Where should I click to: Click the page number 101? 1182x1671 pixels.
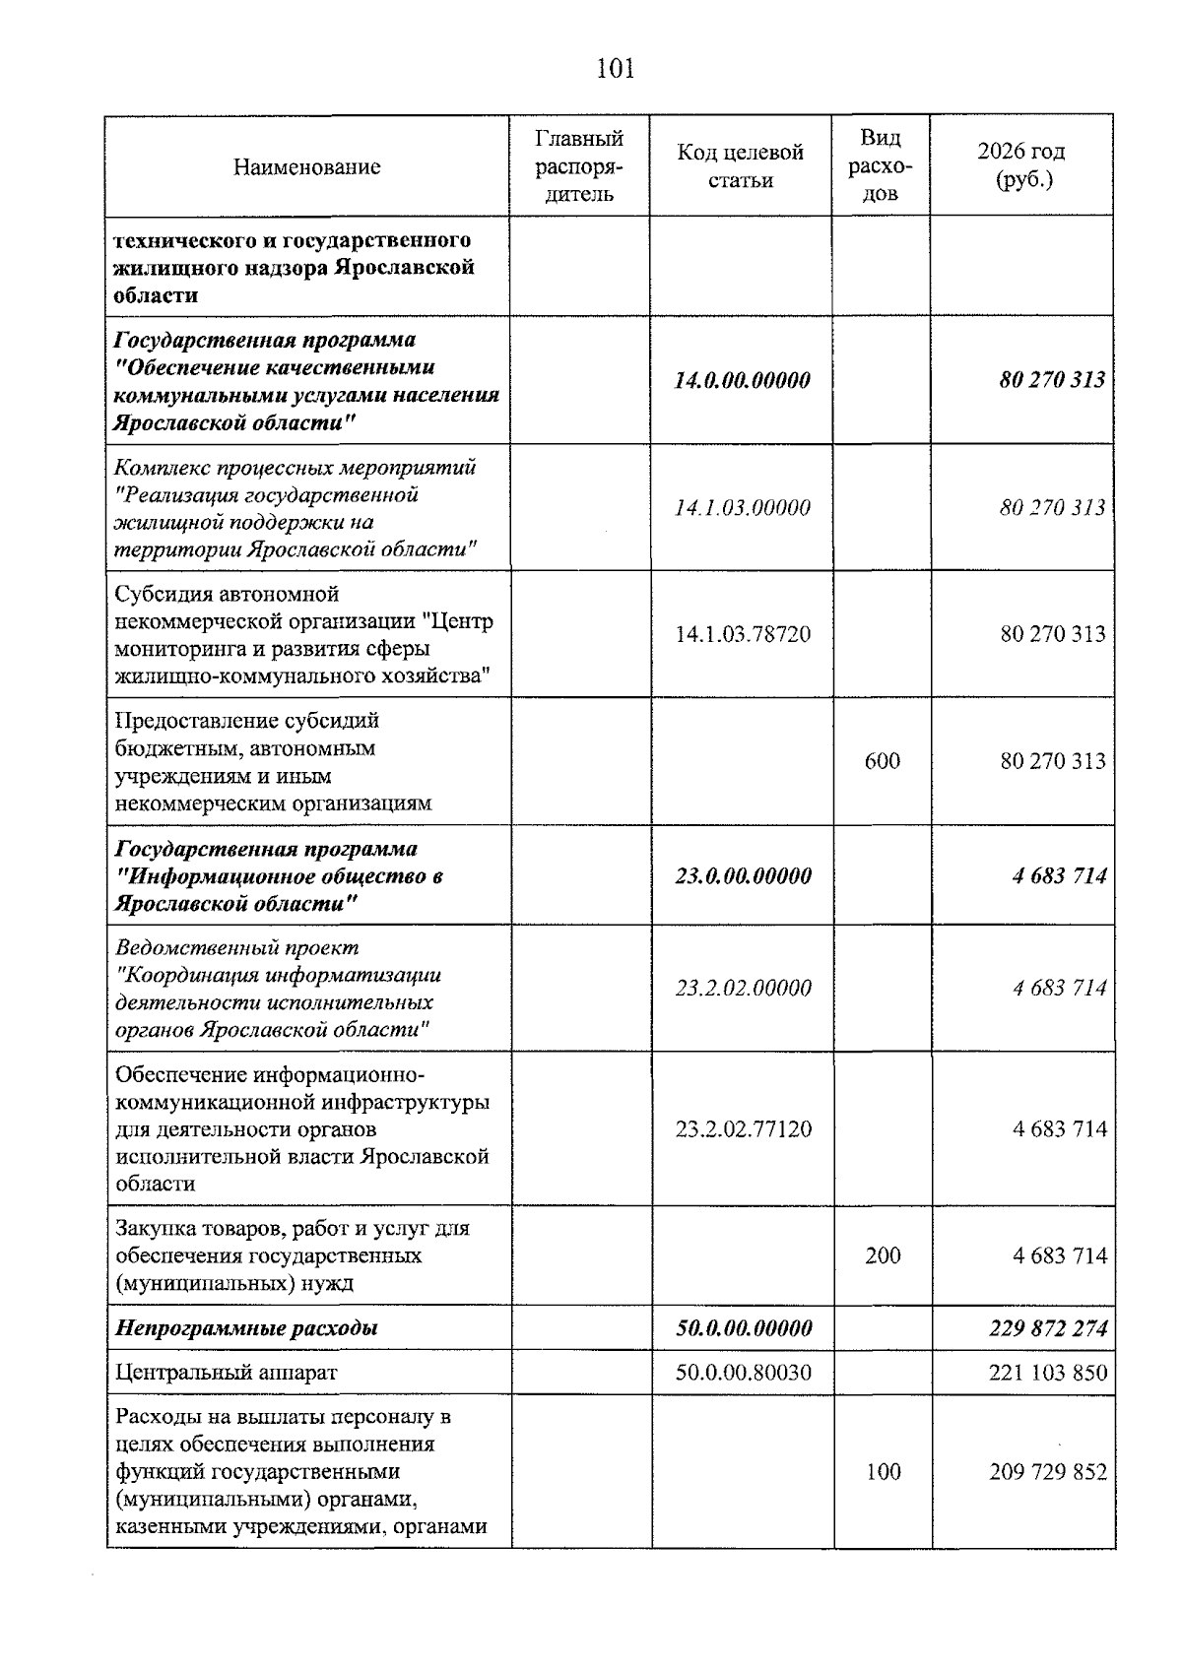click(615, 69)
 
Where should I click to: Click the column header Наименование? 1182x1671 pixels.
click(306, 166)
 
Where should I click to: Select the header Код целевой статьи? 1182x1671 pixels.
click(740, 166)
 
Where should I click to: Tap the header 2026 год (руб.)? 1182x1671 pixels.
click(1021, 165)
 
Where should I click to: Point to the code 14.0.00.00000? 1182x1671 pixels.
click(742, 380)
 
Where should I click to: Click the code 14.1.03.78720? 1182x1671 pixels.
click(743, 634)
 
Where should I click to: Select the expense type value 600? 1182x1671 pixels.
click(882, 761)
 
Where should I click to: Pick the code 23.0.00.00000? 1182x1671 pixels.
click(743, 876)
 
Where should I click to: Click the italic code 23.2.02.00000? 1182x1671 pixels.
click(743, 988)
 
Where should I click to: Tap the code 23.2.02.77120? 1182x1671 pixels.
click(743, 1128)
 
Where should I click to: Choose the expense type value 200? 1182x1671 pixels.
click(883, 1255)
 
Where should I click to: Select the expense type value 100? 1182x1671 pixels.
click(883, 1472)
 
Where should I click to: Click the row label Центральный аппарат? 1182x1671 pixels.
click(226, 1372)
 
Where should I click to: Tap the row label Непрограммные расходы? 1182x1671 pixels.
click(246, 1328)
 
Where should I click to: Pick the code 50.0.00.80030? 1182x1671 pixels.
click(743, 1372)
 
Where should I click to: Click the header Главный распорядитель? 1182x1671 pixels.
click(579, 166)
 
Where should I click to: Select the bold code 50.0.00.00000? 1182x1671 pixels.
click(743, 1328)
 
